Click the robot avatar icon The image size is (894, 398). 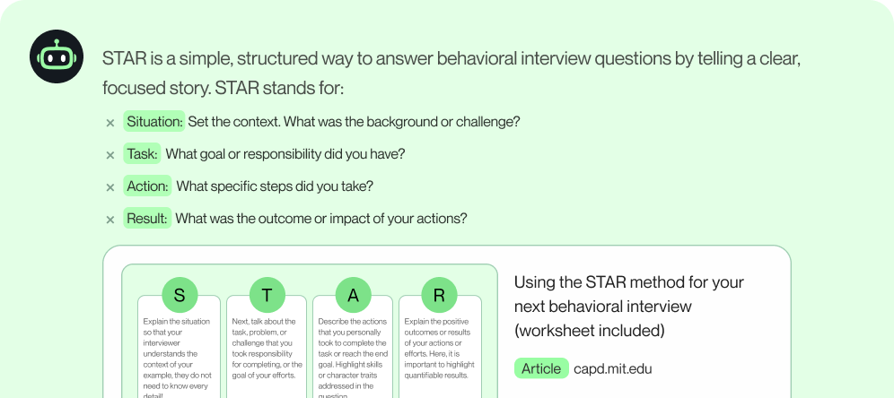pos(57,56)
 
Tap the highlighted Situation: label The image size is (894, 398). pos(154,122)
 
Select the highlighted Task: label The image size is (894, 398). pos(142,154)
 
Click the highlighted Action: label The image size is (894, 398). pos(147,186)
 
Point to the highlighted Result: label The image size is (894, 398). pos(146,219)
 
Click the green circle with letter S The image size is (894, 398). pos(180,295)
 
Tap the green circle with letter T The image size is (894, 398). pos(267,295)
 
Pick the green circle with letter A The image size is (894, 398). pos(353,295)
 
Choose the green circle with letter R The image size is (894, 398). pos(439,295)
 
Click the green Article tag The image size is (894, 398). pos(541,368)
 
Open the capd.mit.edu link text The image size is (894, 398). pos(612,368)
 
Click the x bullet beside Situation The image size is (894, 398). pos(110,123)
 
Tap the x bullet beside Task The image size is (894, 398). pos(110,155)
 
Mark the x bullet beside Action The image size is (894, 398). pos(110,187)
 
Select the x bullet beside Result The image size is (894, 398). pos(110,220)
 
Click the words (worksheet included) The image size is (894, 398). pos(589,331)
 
